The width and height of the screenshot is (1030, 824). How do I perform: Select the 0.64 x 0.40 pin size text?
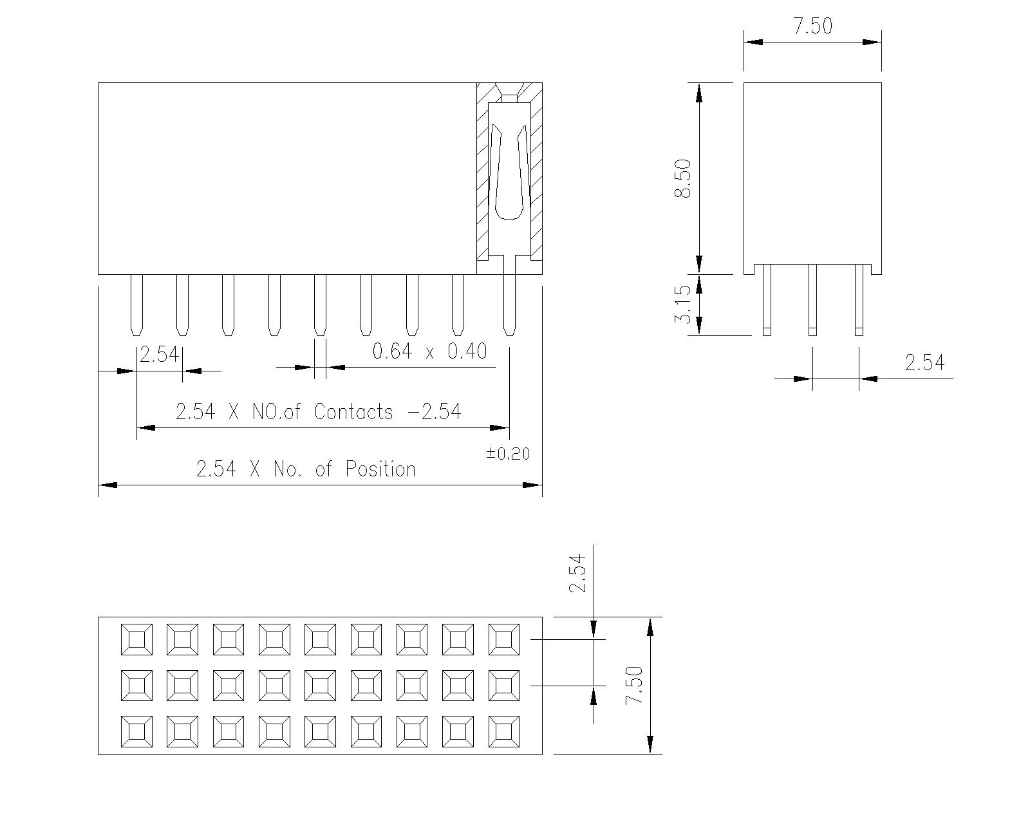(x=429, y=351)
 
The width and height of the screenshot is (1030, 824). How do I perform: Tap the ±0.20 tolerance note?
(x=509, y=453)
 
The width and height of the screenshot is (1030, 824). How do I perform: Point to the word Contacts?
(x=353, y=412)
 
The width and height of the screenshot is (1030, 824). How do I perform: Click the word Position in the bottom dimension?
(x=380, y=469)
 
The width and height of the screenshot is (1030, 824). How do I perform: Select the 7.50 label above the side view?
(x=813, y=26)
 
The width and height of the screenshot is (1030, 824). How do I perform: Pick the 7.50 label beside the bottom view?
(x=634, y=685)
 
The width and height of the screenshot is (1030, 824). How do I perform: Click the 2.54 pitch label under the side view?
(x=924, y=362)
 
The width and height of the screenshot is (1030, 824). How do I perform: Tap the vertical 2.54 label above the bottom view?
(x=577, y=573)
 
